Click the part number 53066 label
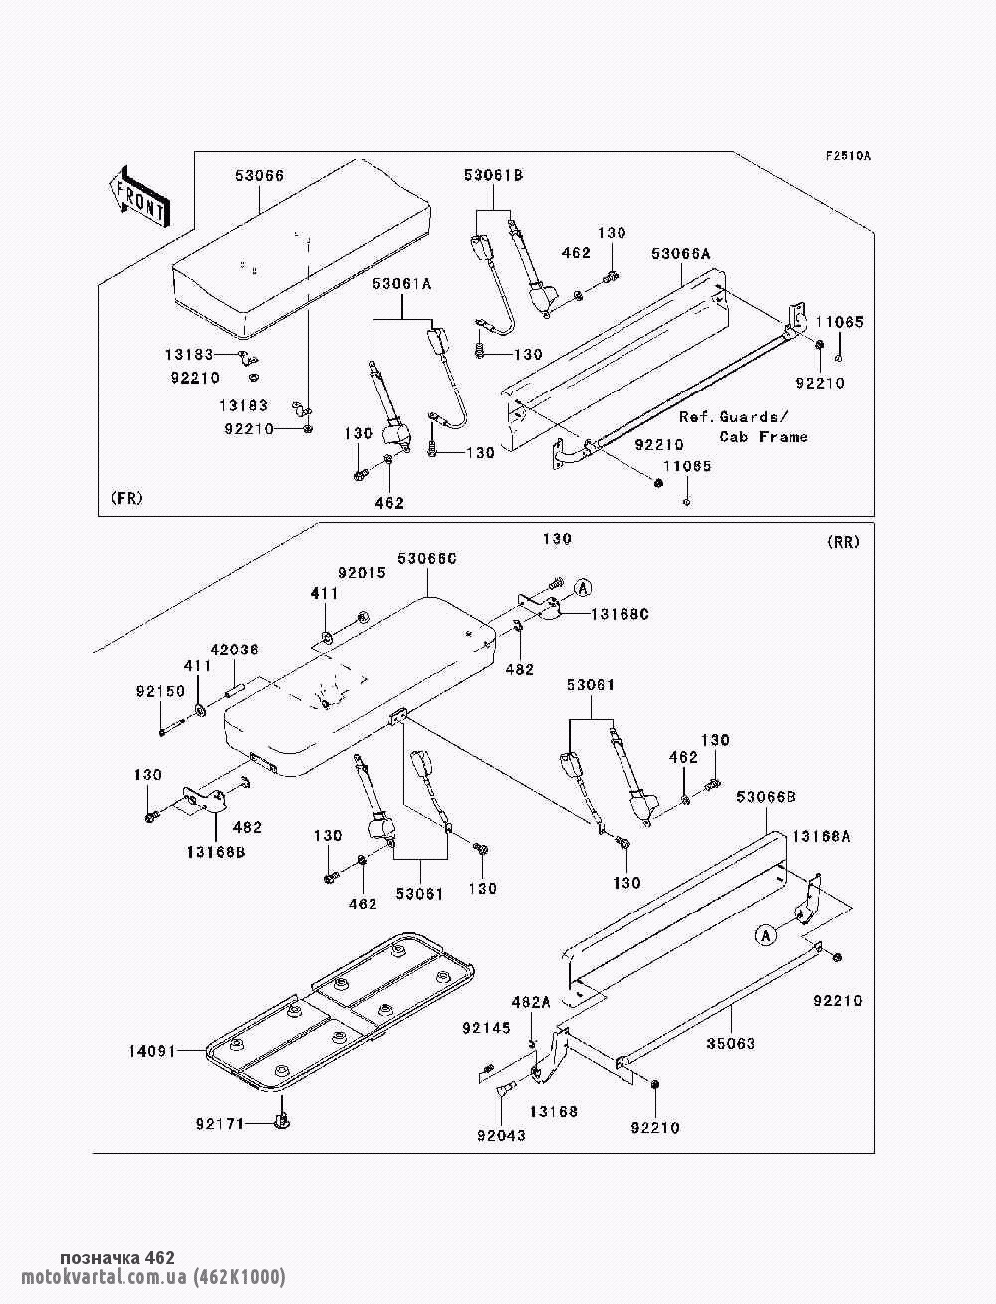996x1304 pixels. point(259,176)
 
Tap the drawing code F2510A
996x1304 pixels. point(847,157)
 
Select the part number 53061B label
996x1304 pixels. point(493,176)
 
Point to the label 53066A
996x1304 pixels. point(681,255)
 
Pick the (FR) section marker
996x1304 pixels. point(126,498)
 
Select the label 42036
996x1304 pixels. point(234,650)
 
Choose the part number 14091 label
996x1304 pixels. point(152,1050)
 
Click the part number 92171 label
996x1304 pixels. point(219,1124)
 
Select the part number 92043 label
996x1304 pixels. point(500,1135)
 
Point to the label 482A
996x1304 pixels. point(530,1002)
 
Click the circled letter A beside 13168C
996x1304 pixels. point(583,586)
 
